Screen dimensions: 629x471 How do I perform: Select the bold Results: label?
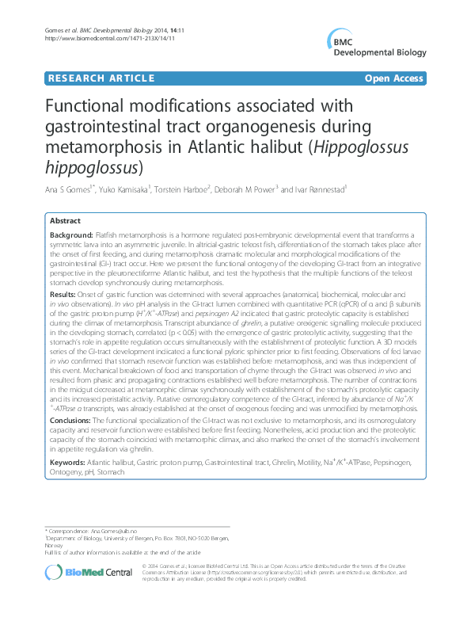[x=63, y=293]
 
